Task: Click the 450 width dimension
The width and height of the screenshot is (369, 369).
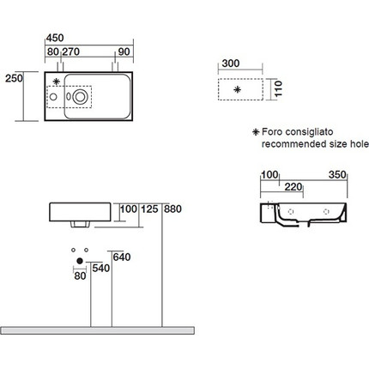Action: [55, 38]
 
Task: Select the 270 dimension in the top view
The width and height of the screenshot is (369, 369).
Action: [71, 51]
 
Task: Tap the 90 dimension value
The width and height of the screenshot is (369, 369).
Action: [124, 51]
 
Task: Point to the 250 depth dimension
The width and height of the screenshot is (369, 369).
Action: [14, 78]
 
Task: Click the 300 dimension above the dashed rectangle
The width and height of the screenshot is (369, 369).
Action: [231, 64]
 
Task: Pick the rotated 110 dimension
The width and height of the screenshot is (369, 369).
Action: [278, 89]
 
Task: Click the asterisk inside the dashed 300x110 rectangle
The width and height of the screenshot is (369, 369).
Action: [237, 90]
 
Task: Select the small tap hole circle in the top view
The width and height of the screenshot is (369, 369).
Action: [53, 97]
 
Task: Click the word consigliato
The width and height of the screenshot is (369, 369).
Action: [309, 132]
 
